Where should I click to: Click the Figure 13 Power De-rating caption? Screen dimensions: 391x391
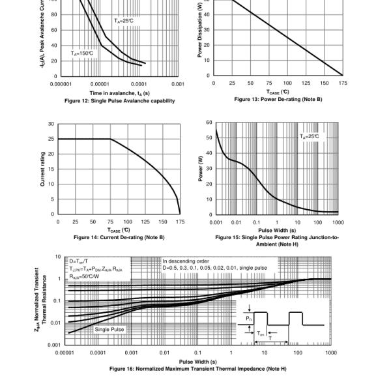(278, 99)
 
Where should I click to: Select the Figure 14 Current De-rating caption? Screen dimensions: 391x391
(119, 237)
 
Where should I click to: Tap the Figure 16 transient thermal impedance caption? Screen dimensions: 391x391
(197, 369)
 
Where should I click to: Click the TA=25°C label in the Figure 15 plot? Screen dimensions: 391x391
(310, 136)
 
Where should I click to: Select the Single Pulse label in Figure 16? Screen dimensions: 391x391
(109, 329)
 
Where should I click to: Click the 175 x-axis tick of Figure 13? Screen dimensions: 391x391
(343, 83)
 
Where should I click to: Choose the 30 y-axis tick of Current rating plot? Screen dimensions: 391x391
(51, 124)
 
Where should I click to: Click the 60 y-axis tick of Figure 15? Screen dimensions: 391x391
(209, 123)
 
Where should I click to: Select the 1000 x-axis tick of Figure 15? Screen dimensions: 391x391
(338, 222)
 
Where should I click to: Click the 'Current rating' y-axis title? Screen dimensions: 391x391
(43, 169)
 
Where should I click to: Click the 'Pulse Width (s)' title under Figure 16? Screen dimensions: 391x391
(198, 362)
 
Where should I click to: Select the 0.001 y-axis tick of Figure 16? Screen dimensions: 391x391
(55, 344)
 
